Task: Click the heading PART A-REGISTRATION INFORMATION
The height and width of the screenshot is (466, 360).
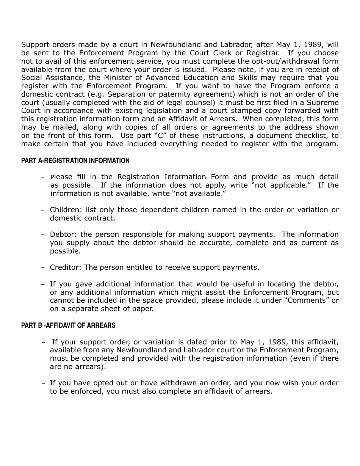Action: (x=75, y=161)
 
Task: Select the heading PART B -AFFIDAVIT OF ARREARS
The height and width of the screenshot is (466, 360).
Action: (x=68, y=325)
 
